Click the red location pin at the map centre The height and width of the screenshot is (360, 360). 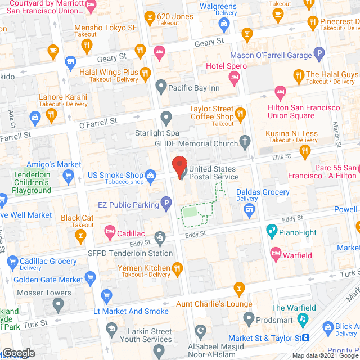point(180,168)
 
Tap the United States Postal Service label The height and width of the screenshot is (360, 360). point(214,173)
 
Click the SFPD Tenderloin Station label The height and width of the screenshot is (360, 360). point(130,253)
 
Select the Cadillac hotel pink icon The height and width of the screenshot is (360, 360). point(110,232)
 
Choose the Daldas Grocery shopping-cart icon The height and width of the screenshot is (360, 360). point(250,210)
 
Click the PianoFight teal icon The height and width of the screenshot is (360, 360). point(272,230)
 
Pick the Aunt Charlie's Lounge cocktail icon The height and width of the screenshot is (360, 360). point(239,290)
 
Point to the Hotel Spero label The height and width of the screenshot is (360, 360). point(223,66)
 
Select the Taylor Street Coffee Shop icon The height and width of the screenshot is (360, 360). point(241,115)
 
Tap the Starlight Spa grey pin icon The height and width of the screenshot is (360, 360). point(166,118)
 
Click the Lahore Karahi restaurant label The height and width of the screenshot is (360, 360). point(63,97)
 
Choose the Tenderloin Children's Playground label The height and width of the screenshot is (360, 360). point(31,182)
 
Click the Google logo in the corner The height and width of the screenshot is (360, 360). point(18,353)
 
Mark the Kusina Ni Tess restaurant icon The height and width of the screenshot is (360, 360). point(305,150)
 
